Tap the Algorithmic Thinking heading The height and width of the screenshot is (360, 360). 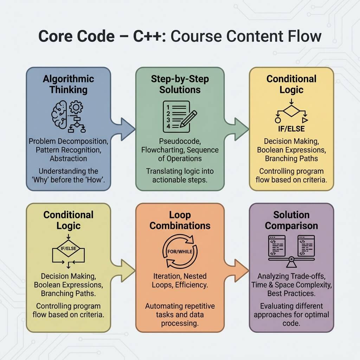tap(68, 84)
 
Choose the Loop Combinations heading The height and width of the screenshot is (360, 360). tap(180, 220)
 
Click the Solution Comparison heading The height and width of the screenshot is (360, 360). tap(291, 220)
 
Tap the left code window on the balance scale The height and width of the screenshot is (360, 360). tap(277, 246)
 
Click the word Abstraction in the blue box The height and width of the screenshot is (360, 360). tap(68, 158)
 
